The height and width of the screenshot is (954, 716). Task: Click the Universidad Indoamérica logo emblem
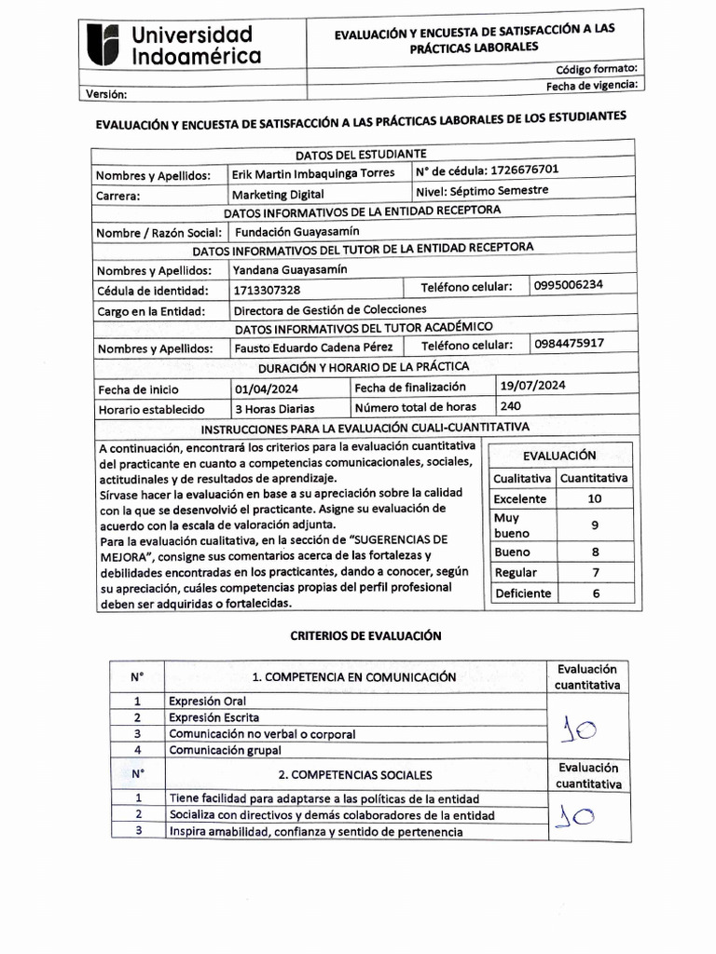[103, 46]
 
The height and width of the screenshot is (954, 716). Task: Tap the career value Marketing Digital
[280, 195]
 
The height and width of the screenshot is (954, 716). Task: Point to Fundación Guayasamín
[296, 231]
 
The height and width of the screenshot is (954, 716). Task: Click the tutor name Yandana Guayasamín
[290, 269]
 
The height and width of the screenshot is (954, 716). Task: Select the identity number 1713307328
[268, 291]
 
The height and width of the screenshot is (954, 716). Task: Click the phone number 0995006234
[569, 285]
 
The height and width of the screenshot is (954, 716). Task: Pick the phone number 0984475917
[570, 343]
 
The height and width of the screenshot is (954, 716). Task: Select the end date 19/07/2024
[532, 384]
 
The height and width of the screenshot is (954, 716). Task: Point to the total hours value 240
[510, 405]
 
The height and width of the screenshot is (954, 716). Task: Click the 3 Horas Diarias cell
[274, 408]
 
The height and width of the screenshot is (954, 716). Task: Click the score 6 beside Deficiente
[595, 593]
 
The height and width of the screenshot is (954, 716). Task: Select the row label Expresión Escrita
[214, 717]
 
